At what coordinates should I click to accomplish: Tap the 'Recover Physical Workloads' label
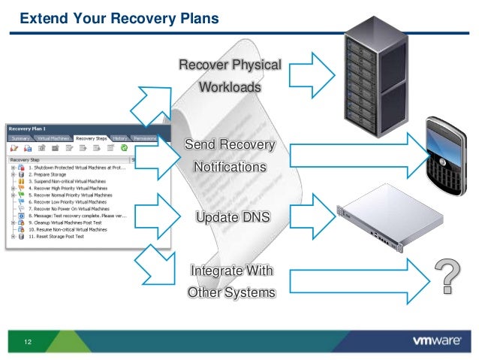click(229, 76)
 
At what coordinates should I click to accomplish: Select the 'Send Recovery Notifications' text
click(229, 155)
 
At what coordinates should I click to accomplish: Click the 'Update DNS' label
click(232, 218)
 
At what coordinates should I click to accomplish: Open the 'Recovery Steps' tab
click(91, 138)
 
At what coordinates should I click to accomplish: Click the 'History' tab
click(120, 138)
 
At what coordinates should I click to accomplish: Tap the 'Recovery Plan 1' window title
click(29, 129)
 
